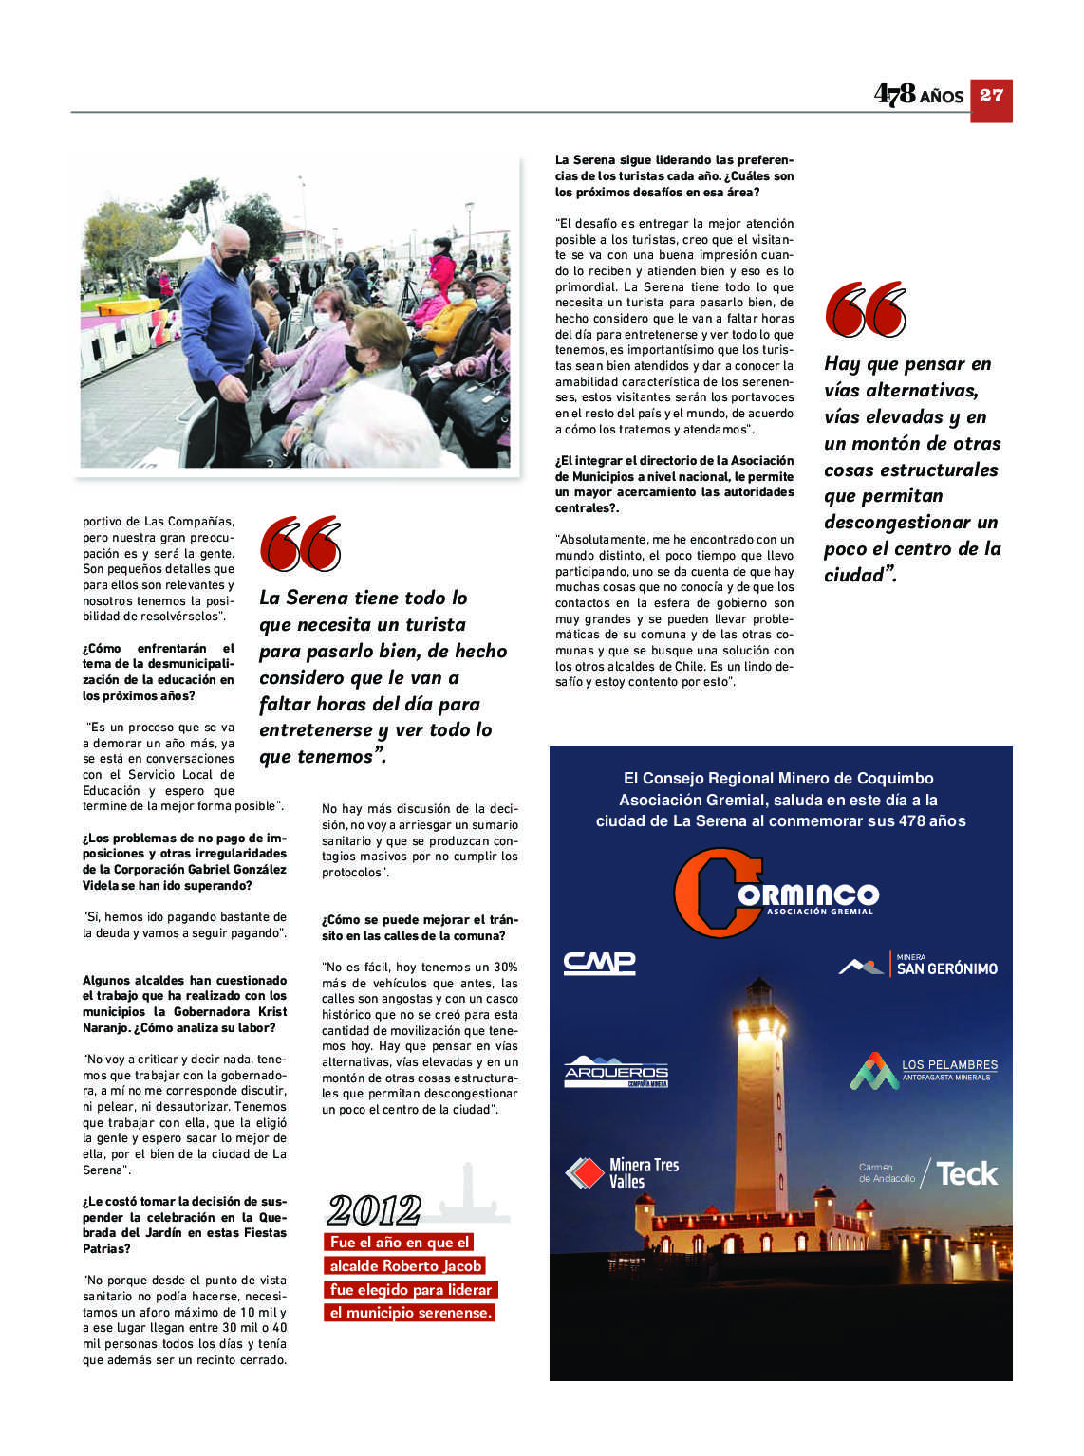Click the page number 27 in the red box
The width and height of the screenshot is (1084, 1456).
[x=991, y=95]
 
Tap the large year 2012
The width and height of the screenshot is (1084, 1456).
[x=374, y=1209]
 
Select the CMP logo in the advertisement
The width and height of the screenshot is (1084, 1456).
[x=599, y=964]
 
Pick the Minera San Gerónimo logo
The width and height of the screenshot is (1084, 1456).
[x=918, y=966]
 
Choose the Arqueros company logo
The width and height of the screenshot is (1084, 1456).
[x=616, y=1072]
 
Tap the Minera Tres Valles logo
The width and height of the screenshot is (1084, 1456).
[x=622, y=1173]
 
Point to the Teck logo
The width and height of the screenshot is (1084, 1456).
[x=966, y=1174]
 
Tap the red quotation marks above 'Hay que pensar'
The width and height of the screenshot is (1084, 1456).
[x=866, y=309]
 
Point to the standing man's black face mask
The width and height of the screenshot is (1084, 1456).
[x=233, y=266]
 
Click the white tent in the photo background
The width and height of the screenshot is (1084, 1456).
[x=178, y=253]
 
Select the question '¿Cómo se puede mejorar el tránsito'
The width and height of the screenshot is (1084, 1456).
[x=420, y=928]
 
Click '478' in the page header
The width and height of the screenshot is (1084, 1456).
[x=894, y=94]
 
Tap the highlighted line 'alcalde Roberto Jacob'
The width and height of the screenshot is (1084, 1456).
[x=405, y=1265]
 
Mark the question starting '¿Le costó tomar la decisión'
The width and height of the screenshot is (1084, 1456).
[x=184, y=1225]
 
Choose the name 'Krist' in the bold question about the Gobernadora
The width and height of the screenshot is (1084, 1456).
[x=271, y=1012]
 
